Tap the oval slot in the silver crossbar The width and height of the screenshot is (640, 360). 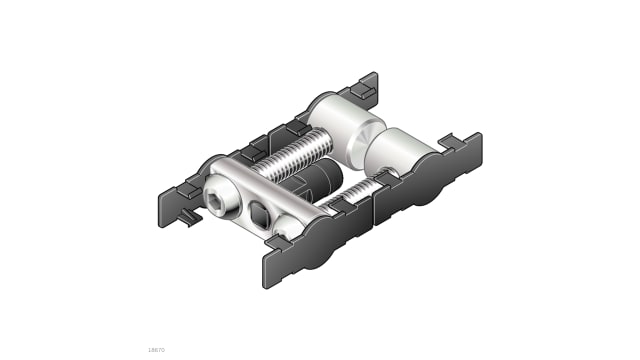[260, 212]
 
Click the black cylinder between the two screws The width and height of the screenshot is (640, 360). [319, 183]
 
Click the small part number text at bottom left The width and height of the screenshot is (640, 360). [155, 349]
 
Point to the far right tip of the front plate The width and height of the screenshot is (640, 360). [479, 151]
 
